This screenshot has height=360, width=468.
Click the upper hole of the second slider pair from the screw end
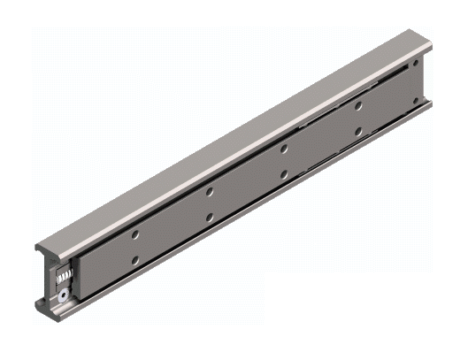click(x=209, y=191)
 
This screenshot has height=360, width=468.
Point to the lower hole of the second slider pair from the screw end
click(x=209, y=215)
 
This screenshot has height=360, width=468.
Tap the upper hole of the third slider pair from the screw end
click(x=284, y=149)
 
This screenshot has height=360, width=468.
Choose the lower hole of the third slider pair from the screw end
click(x=284, y=173)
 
